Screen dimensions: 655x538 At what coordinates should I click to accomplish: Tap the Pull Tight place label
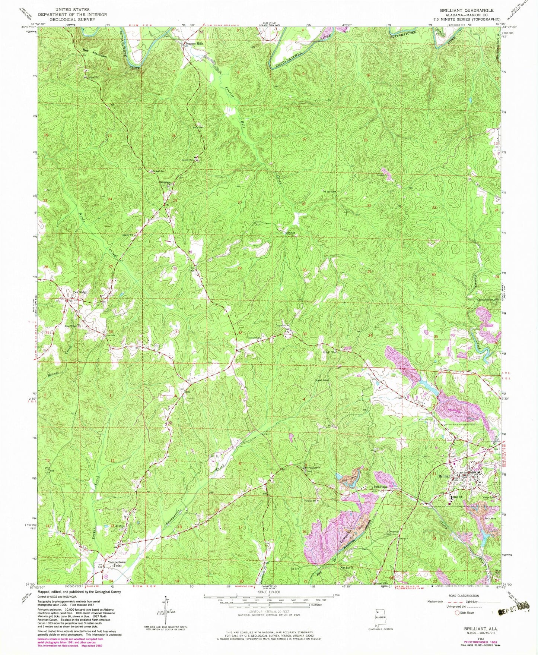click(x=380, y=486)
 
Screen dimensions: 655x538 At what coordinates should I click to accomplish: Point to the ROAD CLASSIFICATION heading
click(x=458, y=596)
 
